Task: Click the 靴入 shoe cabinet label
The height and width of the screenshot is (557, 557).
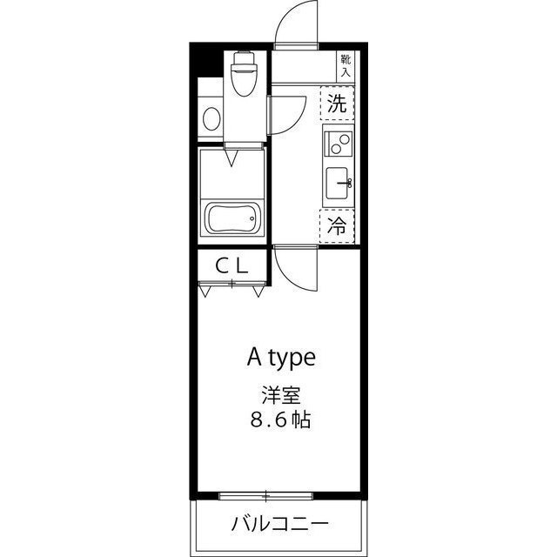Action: [x=346, y=65]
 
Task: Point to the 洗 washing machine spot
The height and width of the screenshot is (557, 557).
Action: [x=337, y=104]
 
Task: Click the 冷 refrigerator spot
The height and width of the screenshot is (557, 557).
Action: [x=337, y=225]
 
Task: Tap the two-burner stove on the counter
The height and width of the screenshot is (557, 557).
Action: [x=338, y=140]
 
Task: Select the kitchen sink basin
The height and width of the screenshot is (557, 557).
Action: [x=337, y=182]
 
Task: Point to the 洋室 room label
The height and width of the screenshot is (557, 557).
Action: [x=278, y=393]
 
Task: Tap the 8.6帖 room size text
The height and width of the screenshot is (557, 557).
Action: [x=278, y=421]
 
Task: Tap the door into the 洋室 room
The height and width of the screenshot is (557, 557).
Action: [x=294, y=270]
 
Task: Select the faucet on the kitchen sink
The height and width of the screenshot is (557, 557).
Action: [x=346, y=183]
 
